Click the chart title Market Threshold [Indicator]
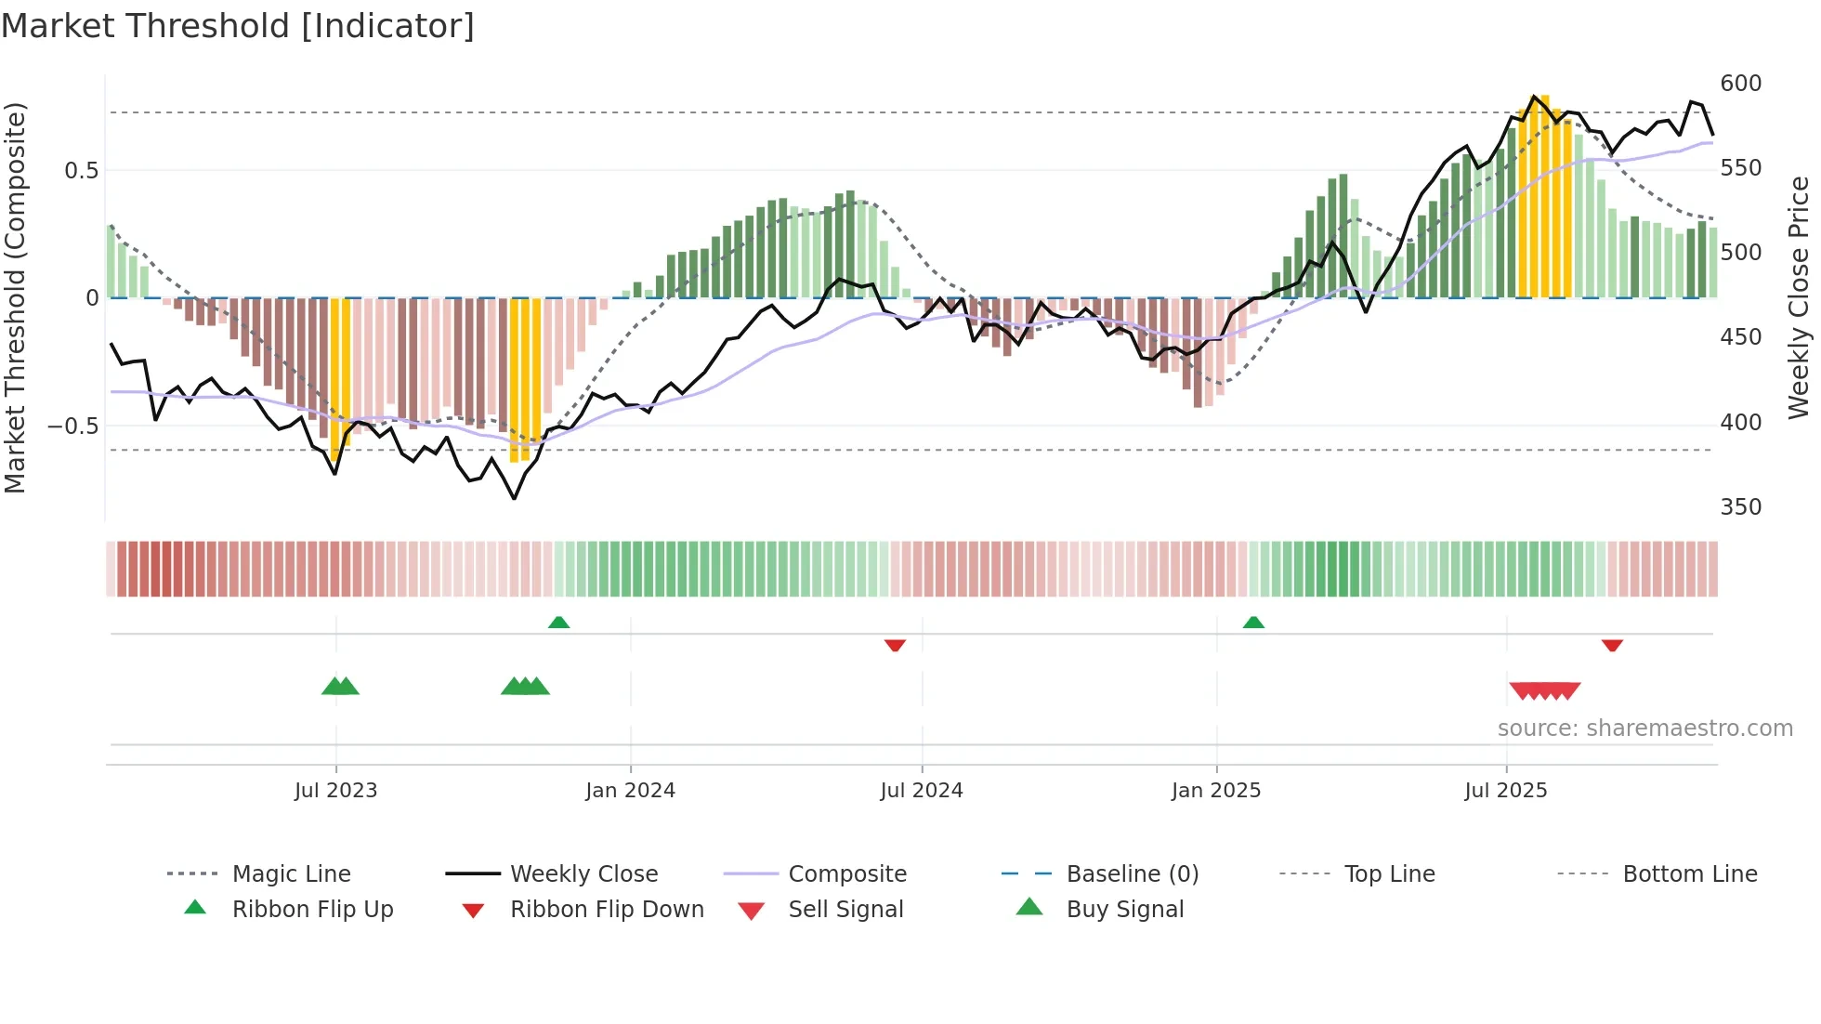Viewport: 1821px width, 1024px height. pyautogui.click(x=238, y=26)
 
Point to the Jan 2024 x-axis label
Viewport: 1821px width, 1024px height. pyautogui.click(x=630, y=790)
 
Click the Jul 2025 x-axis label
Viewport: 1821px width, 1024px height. pyautogui.click(x=1505, y=790)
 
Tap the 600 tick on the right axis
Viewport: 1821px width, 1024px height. pyautogui.click(x=1740, y=84)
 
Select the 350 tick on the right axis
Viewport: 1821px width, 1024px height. pyautogui.click(x=1740, y=506)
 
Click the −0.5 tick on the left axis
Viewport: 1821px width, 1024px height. pyautogui.click(x=72, y=426)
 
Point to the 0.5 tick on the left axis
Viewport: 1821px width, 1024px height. pyautogui.click(x=81, y=170)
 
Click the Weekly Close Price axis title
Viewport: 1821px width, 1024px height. pyautogui.click(x=1799, y=297)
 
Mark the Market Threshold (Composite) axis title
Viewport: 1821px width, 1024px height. pyautogui.click(x=15, y=297)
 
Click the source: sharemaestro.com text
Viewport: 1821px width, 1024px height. pyautogui.click(x=1644, y=728)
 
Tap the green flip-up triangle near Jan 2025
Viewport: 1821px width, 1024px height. pyautogui.click(x=1253, y=622)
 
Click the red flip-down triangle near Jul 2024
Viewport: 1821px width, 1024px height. pyautogui.click(x=895, y=645)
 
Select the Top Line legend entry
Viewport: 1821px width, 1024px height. pyautogui.click(x=1389, y=873)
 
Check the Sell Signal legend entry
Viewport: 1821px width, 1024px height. pyautogui.click(x=845, y=909)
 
